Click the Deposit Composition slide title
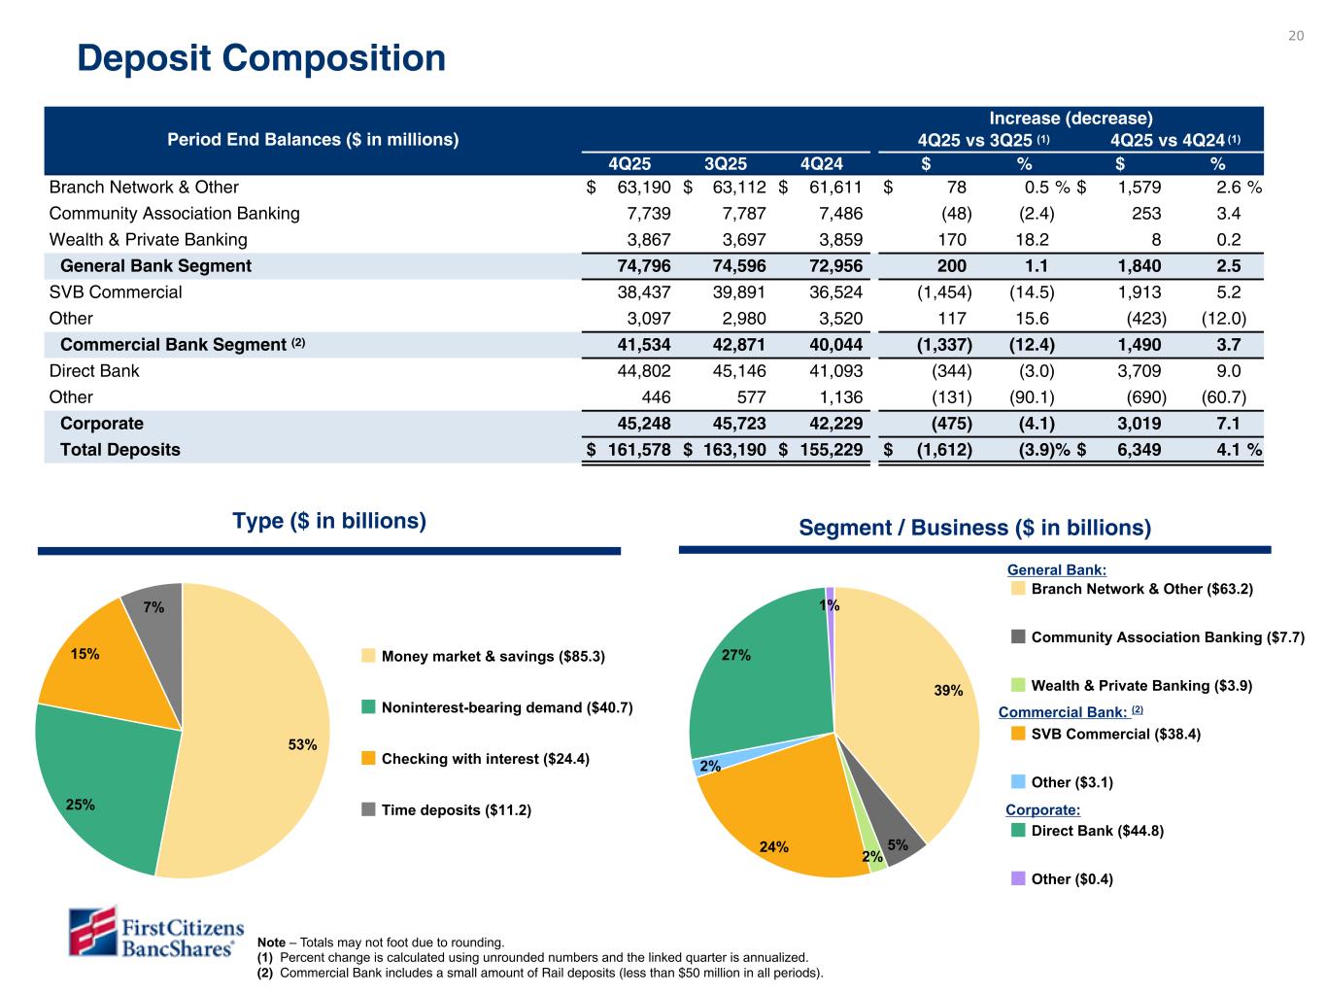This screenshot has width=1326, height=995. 261,58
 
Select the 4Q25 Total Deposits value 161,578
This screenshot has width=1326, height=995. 638,450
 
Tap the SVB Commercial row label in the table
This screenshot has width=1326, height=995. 116,292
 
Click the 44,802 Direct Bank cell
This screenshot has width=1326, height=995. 638,371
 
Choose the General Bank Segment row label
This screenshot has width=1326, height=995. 155,266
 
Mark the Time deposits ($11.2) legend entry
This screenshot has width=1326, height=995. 456,810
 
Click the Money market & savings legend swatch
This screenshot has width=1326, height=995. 368,656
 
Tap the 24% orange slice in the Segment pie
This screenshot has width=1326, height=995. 787,826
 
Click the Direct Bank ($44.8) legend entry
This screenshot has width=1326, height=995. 1097,831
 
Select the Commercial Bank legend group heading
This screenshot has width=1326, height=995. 1063,712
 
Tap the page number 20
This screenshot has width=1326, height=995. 1295,37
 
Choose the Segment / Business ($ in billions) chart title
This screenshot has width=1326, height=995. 974,528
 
